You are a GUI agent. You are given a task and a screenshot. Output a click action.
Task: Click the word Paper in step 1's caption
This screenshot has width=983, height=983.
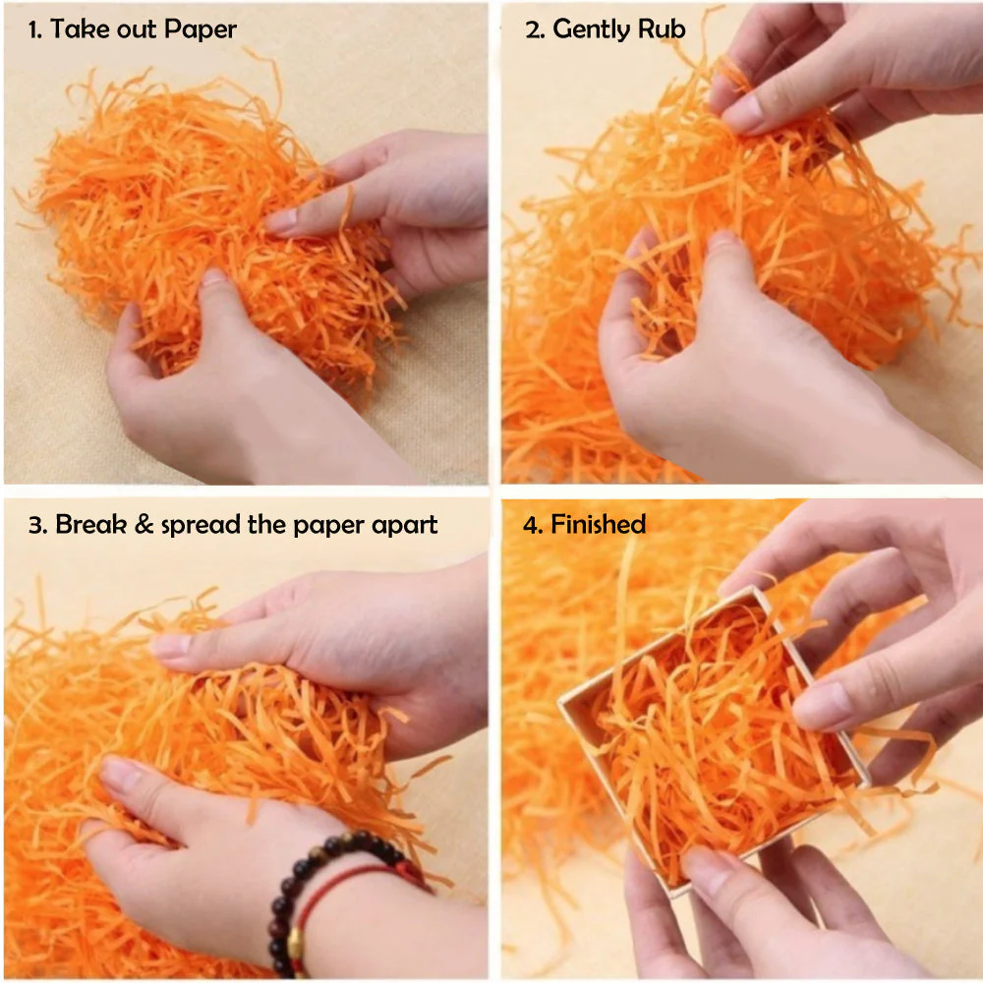click(x=200, y=29)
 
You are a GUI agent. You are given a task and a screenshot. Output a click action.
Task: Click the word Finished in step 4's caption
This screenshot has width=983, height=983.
click(x=598, y=524)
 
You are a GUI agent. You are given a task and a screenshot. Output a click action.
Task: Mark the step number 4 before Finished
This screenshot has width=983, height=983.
click(x=531, y=525)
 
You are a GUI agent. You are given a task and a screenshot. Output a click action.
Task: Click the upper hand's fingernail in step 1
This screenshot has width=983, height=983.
click(x=281, y=220)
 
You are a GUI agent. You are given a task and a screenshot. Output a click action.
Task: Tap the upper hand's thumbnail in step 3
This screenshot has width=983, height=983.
click(x=172, y=646)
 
